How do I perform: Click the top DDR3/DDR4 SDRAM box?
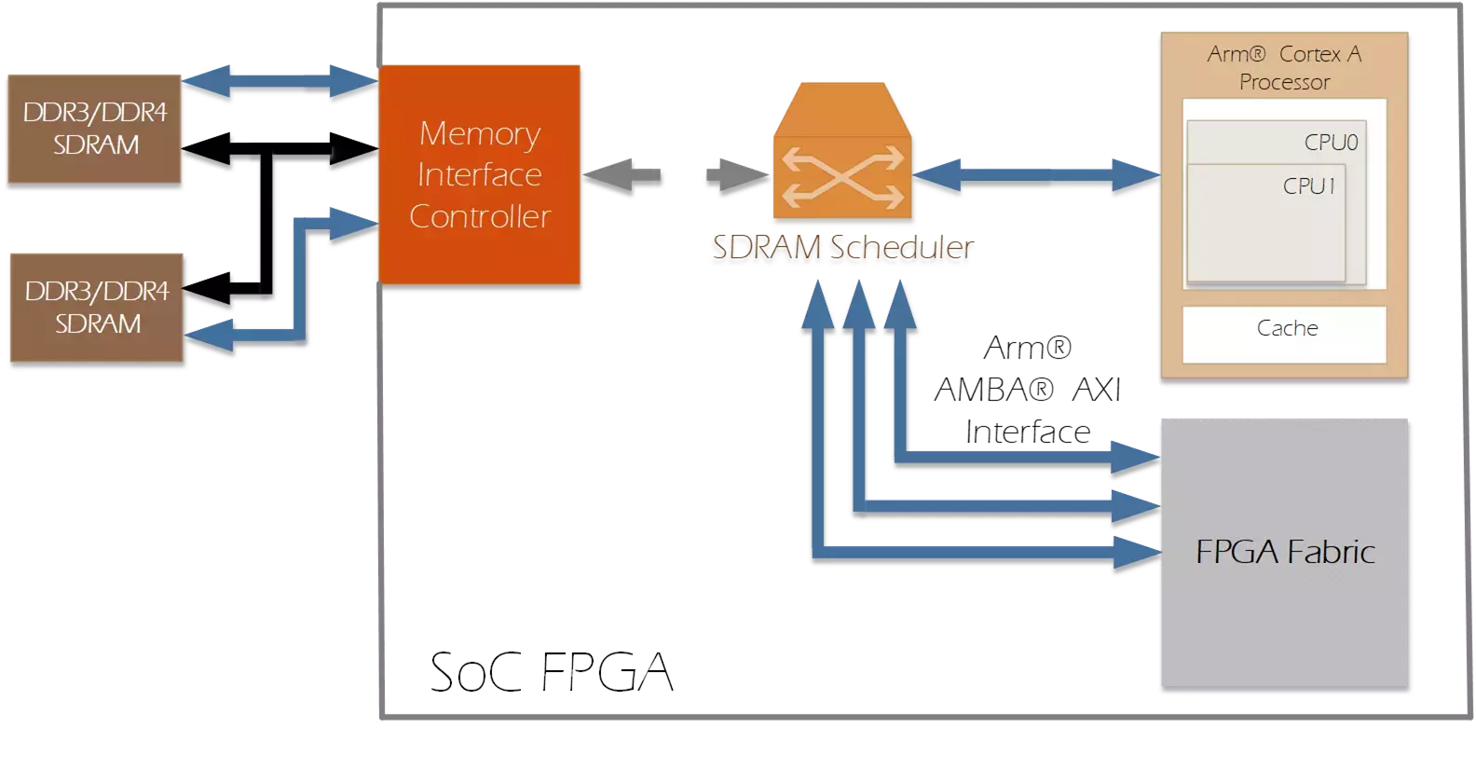click(x=94, y=131)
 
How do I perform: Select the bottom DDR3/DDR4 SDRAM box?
click(x=97, y=310)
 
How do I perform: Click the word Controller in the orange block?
click(x=480, y=216)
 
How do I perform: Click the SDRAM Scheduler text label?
click(x=842, y=250)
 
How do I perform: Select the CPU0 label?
click(x=1331, y=143)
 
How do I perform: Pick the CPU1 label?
click(x=1309, y=186)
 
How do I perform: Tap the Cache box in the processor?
click(x=1286, y=329)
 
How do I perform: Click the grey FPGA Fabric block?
click(x=1285, y=555)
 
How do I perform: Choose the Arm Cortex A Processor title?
click(x=1284, y=68)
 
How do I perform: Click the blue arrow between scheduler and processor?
click(x=1034, y=176)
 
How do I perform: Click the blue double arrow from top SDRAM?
click(x=280, y=83)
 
